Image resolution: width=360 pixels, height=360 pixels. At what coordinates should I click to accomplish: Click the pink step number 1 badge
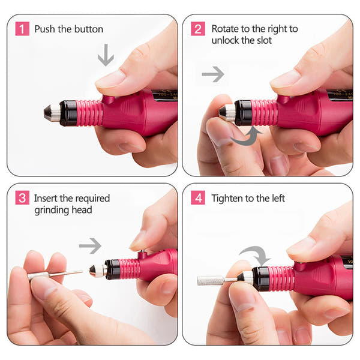(x=22, y=29)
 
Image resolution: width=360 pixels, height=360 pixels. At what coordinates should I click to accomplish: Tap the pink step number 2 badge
(x=198, y=29)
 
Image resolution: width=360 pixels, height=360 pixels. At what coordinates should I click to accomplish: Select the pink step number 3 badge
(x=22, y=197)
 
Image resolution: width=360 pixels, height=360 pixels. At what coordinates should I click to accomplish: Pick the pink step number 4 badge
(x=198, y=197)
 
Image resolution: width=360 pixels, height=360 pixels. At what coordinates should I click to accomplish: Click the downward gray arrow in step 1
(x=106, y=55)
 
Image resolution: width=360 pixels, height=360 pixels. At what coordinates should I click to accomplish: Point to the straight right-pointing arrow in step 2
(x=213, y=74)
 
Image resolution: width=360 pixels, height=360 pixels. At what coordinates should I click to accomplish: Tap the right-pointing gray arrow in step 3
(x=90, y=245)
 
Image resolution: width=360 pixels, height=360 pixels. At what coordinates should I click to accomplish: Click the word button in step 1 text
(x=88, y=29)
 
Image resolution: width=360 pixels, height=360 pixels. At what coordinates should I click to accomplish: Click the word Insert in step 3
(x=46, y=197)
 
